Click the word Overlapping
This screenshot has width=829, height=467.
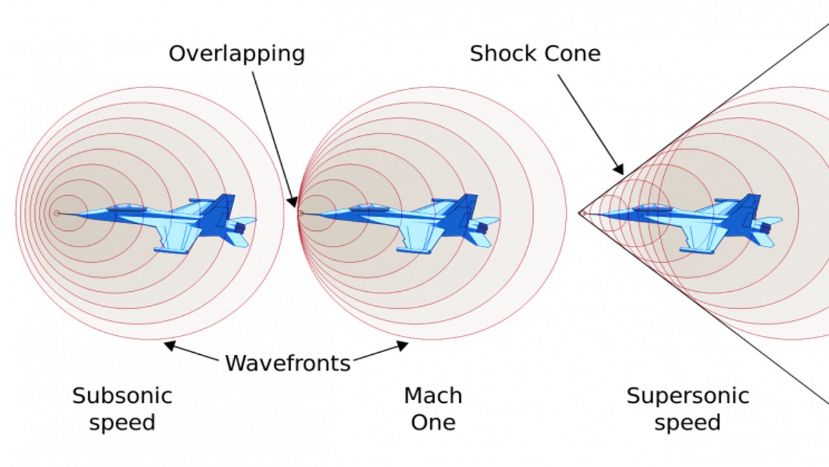point(236,54)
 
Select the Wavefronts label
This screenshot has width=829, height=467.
point(288,363)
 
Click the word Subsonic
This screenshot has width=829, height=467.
point(122,396)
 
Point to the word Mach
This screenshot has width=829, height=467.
point(433,396)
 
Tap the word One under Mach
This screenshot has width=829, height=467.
point(433,423)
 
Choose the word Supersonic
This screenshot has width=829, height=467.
point(687,396)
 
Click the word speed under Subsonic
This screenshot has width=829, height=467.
point(122,423)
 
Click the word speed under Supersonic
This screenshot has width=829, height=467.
point(687,423)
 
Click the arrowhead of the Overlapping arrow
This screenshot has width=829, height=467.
point(294,202)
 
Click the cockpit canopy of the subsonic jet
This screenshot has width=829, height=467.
point(126,208)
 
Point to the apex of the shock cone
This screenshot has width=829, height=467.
point(579,213)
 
